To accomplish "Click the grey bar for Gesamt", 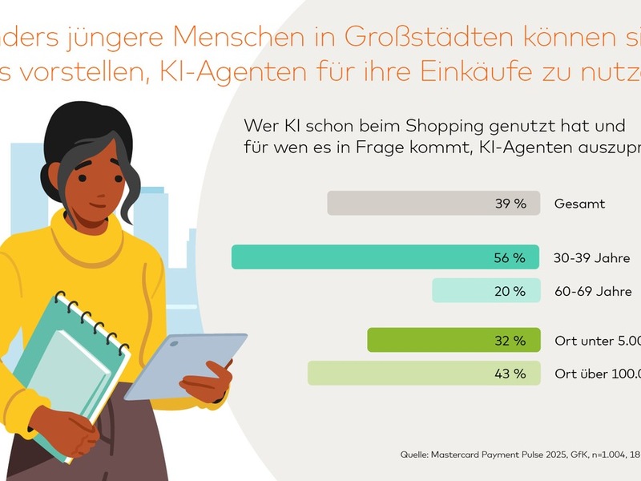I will [x=409, y=204].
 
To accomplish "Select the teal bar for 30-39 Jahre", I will [x=361, y=257].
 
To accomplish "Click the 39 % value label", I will [x=510, y=204].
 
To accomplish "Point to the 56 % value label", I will [x=510, y=257].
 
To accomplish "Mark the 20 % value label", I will [x=510, y=291].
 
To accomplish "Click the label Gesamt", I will [x=579, y=204].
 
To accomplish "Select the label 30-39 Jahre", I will [x=591, y=258].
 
